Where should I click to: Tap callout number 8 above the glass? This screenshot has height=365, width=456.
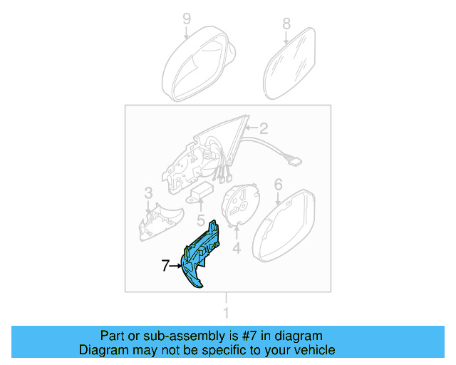coord(286,24)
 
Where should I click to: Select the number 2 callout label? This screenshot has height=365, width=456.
coord(263,129)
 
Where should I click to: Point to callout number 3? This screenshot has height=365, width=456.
coord(148,193)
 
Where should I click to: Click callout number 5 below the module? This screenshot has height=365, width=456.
coord(201,221)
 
